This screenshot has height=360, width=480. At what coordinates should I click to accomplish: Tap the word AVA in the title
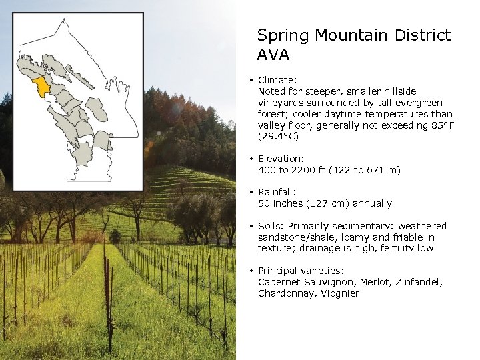(x=273, y=55)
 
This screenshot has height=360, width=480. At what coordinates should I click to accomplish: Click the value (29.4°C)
(x=279, y=137)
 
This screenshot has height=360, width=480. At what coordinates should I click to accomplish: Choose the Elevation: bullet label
(x=281, y=159)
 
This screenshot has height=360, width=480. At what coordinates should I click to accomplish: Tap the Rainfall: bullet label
(x=279, y=192)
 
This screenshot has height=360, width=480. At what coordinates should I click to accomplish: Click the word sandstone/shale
(x=293, y=237)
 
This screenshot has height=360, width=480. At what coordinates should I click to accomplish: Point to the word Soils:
(x=271, y=226)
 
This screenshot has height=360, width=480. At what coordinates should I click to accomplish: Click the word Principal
(x=279, y=271)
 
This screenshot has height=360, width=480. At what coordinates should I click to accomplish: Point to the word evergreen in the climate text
(x=417, y=103)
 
